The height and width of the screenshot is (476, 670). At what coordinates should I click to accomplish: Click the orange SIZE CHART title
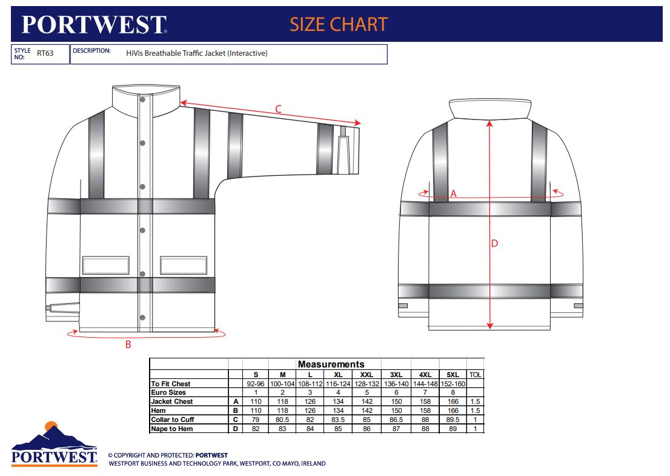[339, 24]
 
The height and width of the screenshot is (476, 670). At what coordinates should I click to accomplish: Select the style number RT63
[45, 53]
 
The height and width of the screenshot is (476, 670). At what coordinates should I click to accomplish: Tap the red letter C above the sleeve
[278, 109]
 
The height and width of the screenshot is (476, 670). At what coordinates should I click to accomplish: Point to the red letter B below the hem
[128, 344]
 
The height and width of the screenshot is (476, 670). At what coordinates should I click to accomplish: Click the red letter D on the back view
[494, 243]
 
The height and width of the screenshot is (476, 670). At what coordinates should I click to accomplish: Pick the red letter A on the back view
[453, 194]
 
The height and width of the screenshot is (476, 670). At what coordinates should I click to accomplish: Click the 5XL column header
[453, 375]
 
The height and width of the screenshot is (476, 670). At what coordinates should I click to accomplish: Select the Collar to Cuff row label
[172, 420]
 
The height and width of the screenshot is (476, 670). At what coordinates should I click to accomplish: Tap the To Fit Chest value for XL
[338, 384]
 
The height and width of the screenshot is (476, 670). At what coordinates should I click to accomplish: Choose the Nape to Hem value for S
[256, 429]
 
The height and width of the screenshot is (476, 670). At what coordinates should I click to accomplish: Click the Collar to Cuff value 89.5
[453, 420]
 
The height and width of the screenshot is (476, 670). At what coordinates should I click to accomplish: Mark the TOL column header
[475, 375]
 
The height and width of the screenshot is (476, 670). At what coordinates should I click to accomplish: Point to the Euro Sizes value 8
[453, 392]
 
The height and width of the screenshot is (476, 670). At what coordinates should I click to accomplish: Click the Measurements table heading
[331, 364]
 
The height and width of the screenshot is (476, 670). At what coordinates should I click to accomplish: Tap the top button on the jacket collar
[143, 99]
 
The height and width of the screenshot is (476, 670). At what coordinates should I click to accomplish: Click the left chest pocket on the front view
[105, 265]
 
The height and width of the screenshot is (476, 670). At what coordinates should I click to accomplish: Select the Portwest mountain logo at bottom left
[55, 444]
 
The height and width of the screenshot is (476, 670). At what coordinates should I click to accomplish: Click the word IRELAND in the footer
[314, 464]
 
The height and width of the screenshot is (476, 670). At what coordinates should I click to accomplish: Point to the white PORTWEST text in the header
[94, 24]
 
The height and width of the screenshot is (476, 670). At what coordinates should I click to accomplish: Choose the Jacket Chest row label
[172, 401]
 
